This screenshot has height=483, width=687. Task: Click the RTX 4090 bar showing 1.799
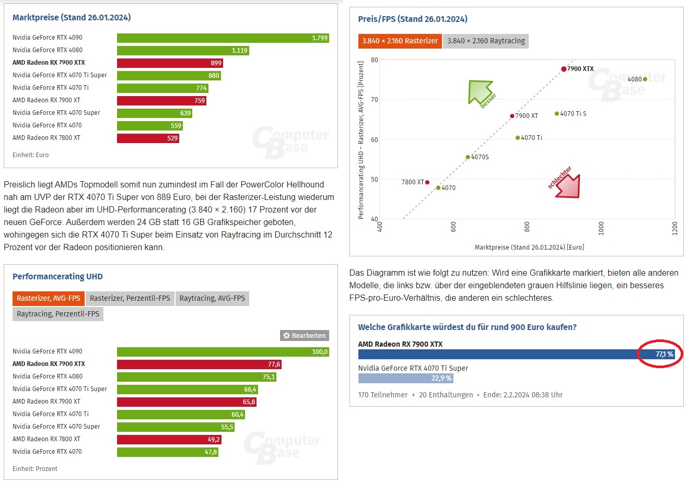click(223, 38)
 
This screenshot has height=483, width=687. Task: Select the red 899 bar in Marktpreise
click(170, 63)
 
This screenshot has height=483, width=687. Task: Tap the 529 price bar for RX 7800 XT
click(148, 138)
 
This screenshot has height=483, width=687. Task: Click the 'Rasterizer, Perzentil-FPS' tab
click(130, 299)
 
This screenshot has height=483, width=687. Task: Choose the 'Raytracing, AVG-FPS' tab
click(212, 299)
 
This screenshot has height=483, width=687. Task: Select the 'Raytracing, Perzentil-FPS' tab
click(58, 314)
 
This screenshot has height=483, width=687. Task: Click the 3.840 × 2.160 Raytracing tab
click(486, 41)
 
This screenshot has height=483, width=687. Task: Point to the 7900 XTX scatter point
click(564, 69)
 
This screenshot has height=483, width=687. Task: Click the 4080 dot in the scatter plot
click(645, 79)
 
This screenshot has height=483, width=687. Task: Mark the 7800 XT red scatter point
click(427, 182)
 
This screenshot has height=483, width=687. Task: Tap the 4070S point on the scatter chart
click(468, 157)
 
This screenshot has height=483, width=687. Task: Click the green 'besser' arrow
click(480, 92)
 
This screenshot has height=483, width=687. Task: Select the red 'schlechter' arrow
click(568, 186)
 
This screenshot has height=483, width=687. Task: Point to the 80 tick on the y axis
click(375, 60)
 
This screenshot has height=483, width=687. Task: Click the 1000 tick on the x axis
click(601, 228)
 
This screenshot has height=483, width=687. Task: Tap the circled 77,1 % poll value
click(665, 355)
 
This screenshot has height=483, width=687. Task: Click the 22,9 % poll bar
click(406, 379)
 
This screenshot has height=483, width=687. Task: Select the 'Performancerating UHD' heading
click(57, 277)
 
